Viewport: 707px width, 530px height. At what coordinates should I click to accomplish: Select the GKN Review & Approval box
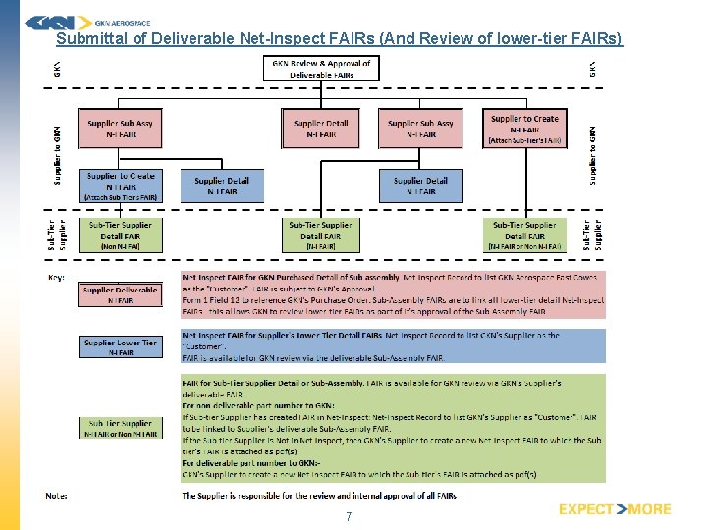321,68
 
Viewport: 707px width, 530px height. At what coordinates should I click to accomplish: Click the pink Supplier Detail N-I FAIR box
321,129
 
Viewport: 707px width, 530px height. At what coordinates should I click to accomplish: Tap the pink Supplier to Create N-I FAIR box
524,129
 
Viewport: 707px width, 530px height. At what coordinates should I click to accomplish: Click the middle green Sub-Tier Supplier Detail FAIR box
320,236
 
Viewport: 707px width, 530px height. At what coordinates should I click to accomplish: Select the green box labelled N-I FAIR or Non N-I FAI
524,236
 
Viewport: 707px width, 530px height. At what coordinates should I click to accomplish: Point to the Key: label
60,278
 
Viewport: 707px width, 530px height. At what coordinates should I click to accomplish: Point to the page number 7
348,516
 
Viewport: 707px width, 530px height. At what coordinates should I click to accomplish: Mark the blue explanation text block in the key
393,345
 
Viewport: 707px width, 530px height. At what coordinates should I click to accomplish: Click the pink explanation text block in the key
393,294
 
